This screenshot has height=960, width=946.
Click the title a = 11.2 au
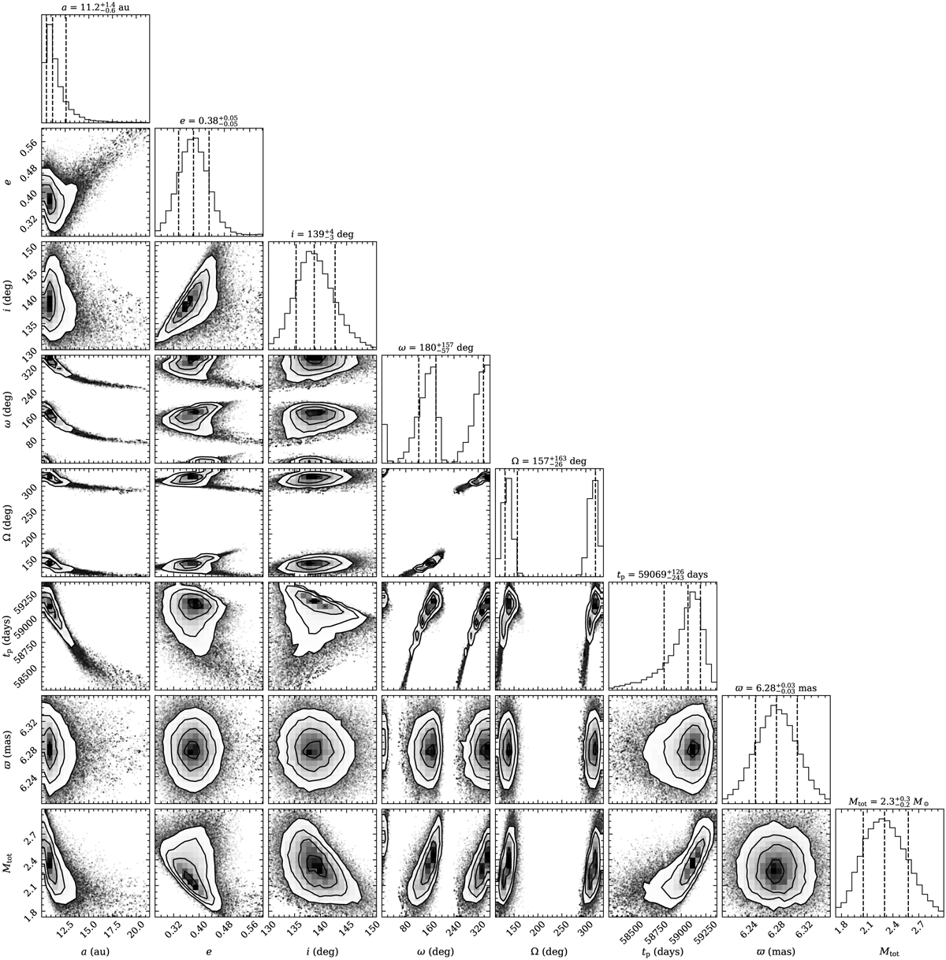(95, 7)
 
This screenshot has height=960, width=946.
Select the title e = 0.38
(209, 121)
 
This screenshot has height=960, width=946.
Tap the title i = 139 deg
(322, 233)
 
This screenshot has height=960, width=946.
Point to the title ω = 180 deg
(436, 348)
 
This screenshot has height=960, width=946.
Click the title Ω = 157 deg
(549, 461)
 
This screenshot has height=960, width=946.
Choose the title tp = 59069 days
(662, 575)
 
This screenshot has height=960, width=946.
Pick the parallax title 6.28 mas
(776, 688)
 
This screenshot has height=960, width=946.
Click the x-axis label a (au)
(95, 951)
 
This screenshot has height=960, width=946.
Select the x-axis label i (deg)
(322, 951)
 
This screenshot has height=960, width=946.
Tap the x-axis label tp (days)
(663, 951)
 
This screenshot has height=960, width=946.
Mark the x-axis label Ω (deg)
(549, 951)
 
